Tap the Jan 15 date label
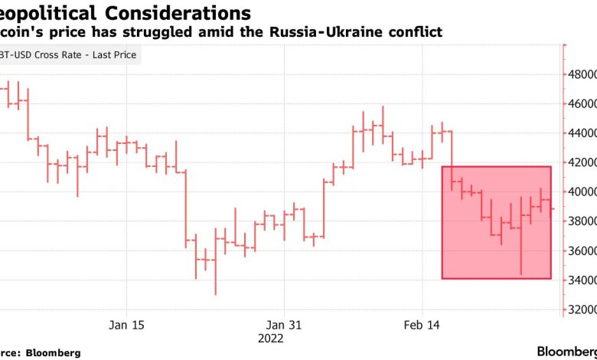pos(126,326)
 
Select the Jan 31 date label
pos(283,326)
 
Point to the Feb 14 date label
pos(422,326)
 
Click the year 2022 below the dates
pos(271,339)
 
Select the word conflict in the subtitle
pos(415,33)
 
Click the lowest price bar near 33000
pos(215,260)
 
